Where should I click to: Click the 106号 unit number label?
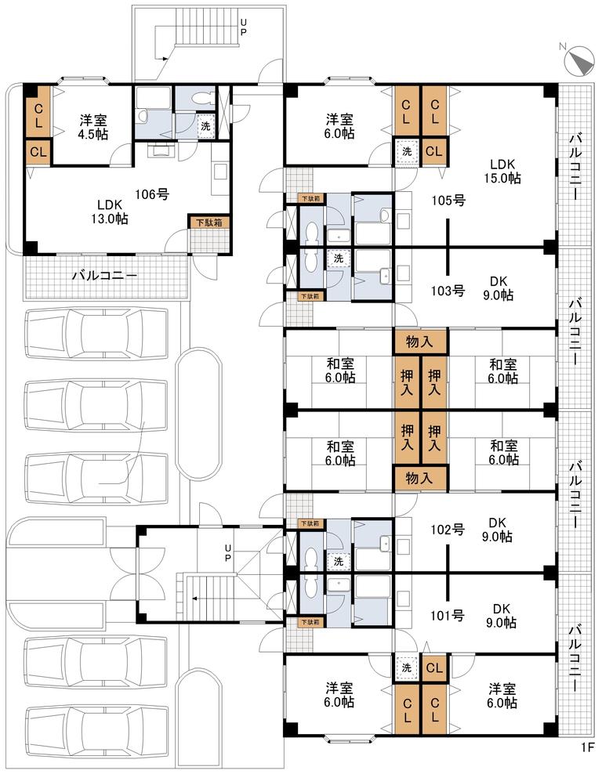(x=153, y=194)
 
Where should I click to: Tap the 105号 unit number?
(x=448, y=201)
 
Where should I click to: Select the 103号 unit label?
(x=448, y=291)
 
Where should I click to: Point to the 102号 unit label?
(x=448, y=530)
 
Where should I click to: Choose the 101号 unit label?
(x=448, y=616)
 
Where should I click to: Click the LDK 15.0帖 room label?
(x=502, y=172)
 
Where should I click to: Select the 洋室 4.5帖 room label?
(x=93, y=127)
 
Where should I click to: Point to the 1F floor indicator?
(x=587, y=761)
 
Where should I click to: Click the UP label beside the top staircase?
(x=243, y=27)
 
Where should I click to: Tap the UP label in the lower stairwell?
(x=227, y=553)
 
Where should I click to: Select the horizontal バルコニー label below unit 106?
(x=104, y=276)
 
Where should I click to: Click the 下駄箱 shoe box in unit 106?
(x=209, y=222)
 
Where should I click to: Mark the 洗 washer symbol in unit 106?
(x=206, y=125)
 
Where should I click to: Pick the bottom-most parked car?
(x=96, y=730)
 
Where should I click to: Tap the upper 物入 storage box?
(x=420, y=342)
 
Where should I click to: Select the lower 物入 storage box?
(x=420, y=478)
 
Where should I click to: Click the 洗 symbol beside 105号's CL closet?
(x=407, y=151)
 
